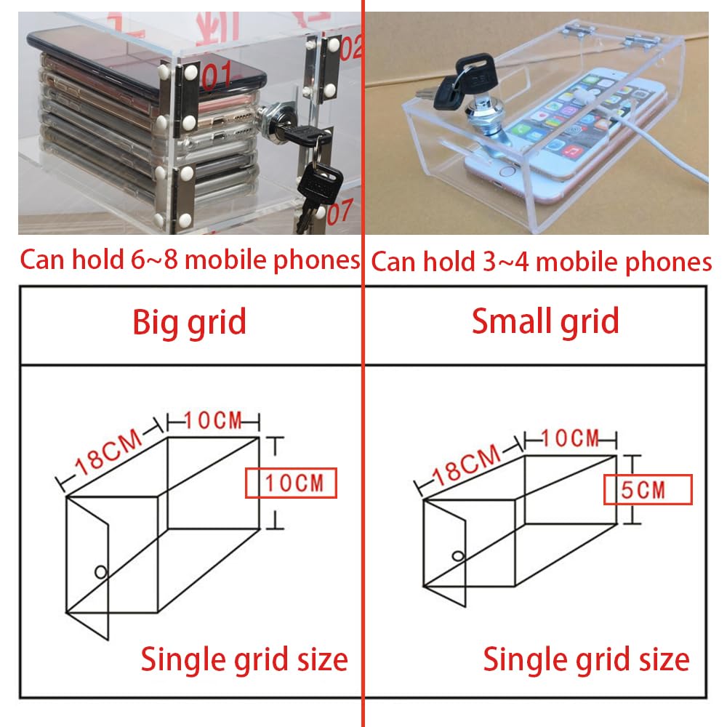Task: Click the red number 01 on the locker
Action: (216, 75)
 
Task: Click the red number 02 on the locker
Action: (350, 47)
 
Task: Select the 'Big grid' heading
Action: (189, 322)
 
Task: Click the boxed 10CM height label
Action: (292, 483)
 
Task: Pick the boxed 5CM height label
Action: (648, 489)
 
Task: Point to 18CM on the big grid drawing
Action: (108, 451)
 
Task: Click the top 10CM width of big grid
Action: (214, 420)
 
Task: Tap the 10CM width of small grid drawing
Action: (570, 438)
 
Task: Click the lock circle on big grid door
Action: (100, 572)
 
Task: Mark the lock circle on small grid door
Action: (458, 555)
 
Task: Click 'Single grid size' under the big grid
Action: (244, 659)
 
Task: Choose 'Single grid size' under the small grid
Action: (587, 659)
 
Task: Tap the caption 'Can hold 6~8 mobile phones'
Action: (190, 260)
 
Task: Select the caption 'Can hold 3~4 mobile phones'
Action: (541, 262)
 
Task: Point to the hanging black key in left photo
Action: (319, 181)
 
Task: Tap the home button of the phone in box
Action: (507, 172)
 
